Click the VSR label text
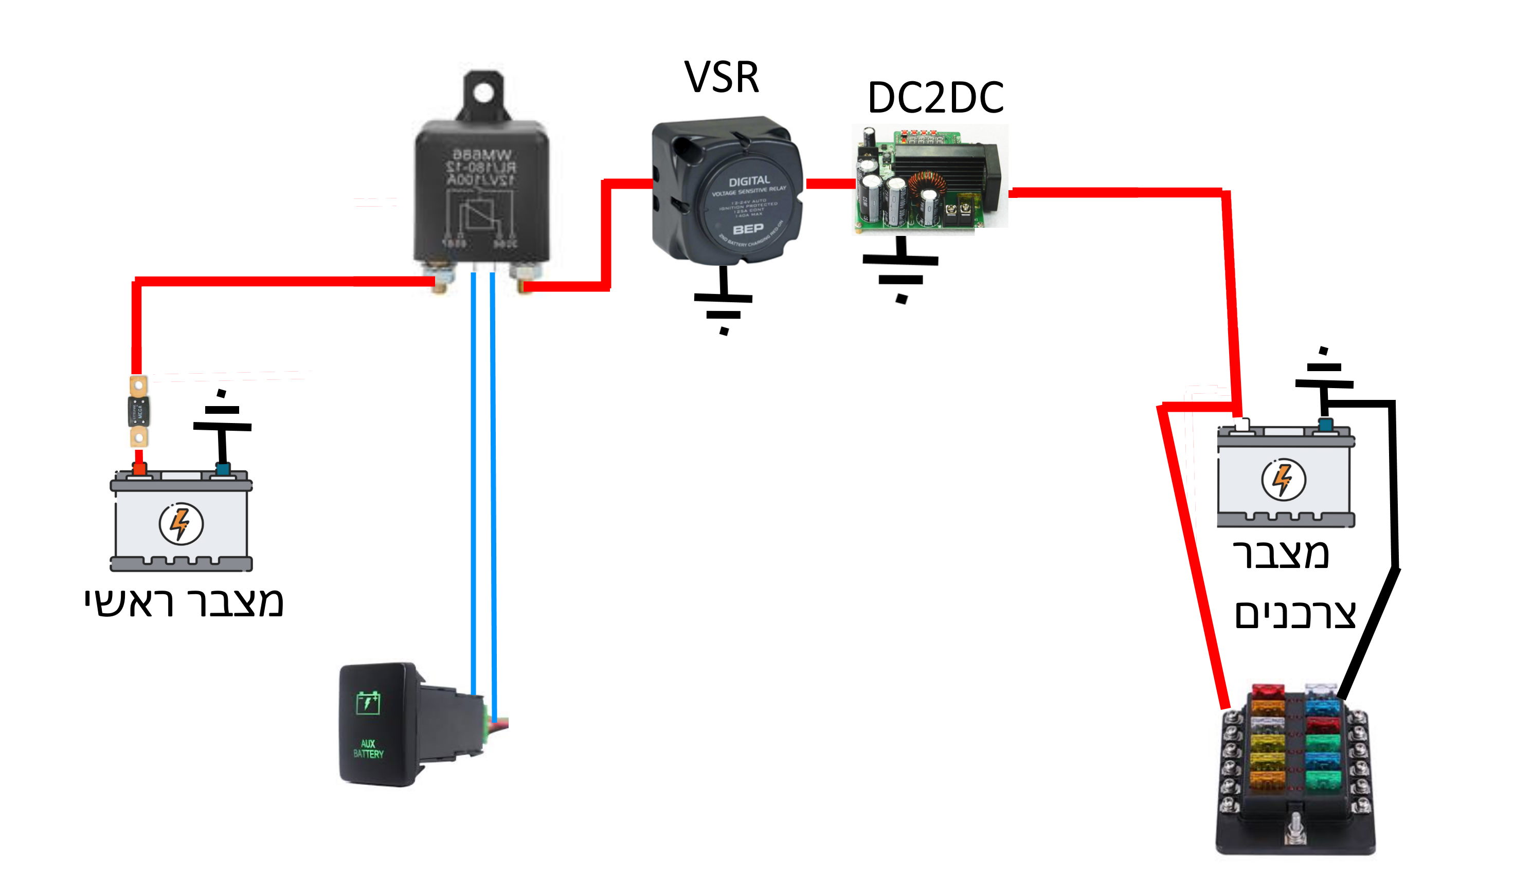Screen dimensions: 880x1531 722,78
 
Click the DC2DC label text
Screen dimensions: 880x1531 935,97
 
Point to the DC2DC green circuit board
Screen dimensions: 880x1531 929,179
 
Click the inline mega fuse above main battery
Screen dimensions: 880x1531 139,412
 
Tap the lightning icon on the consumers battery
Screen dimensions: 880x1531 1283,479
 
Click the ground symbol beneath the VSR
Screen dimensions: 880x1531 723,305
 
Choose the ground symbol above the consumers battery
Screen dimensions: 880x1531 1324,375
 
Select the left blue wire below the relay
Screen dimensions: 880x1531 474,484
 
